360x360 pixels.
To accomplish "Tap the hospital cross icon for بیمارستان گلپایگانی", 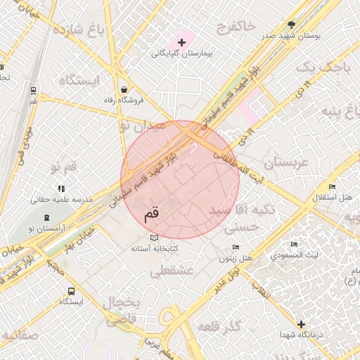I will pos(181,43).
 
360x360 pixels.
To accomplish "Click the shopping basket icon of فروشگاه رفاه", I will pos(124,89).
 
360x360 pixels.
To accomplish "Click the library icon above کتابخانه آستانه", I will pos(155,238).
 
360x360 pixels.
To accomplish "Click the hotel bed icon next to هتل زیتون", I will pos(236,247).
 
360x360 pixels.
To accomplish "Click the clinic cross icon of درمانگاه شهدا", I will pos(302,324).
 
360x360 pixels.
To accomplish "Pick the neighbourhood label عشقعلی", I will pos(173,271).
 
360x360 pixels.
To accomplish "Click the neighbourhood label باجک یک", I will pos(323,67).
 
